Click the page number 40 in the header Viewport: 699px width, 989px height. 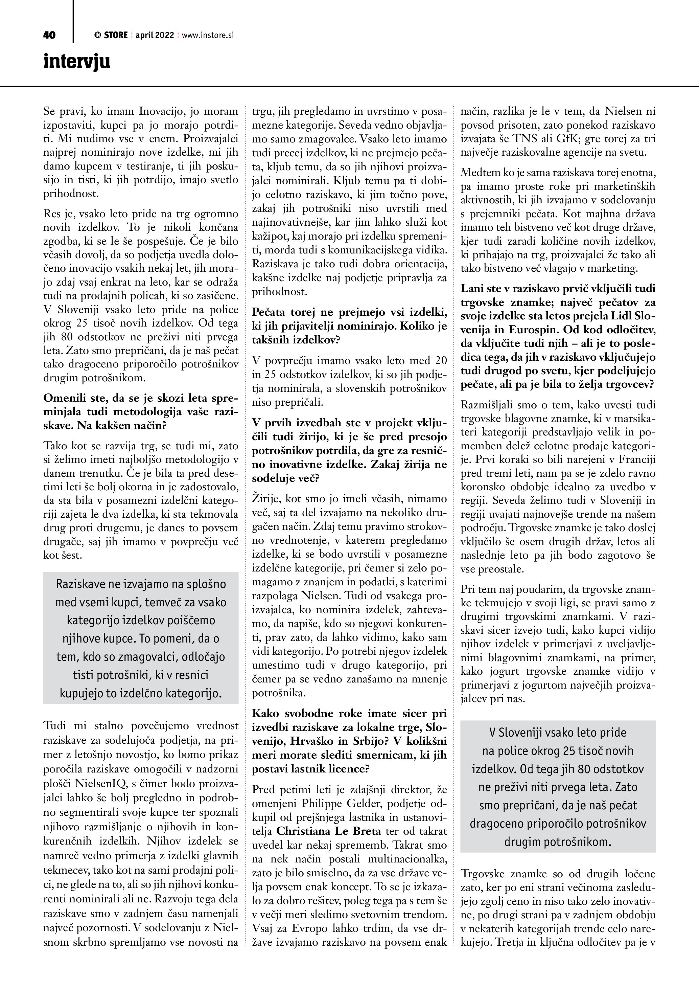(x=49, y=35)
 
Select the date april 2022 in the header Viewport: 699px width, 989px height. (x=155, y=35)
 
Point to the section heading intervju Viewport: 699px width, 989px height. (x=77, y=62)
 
